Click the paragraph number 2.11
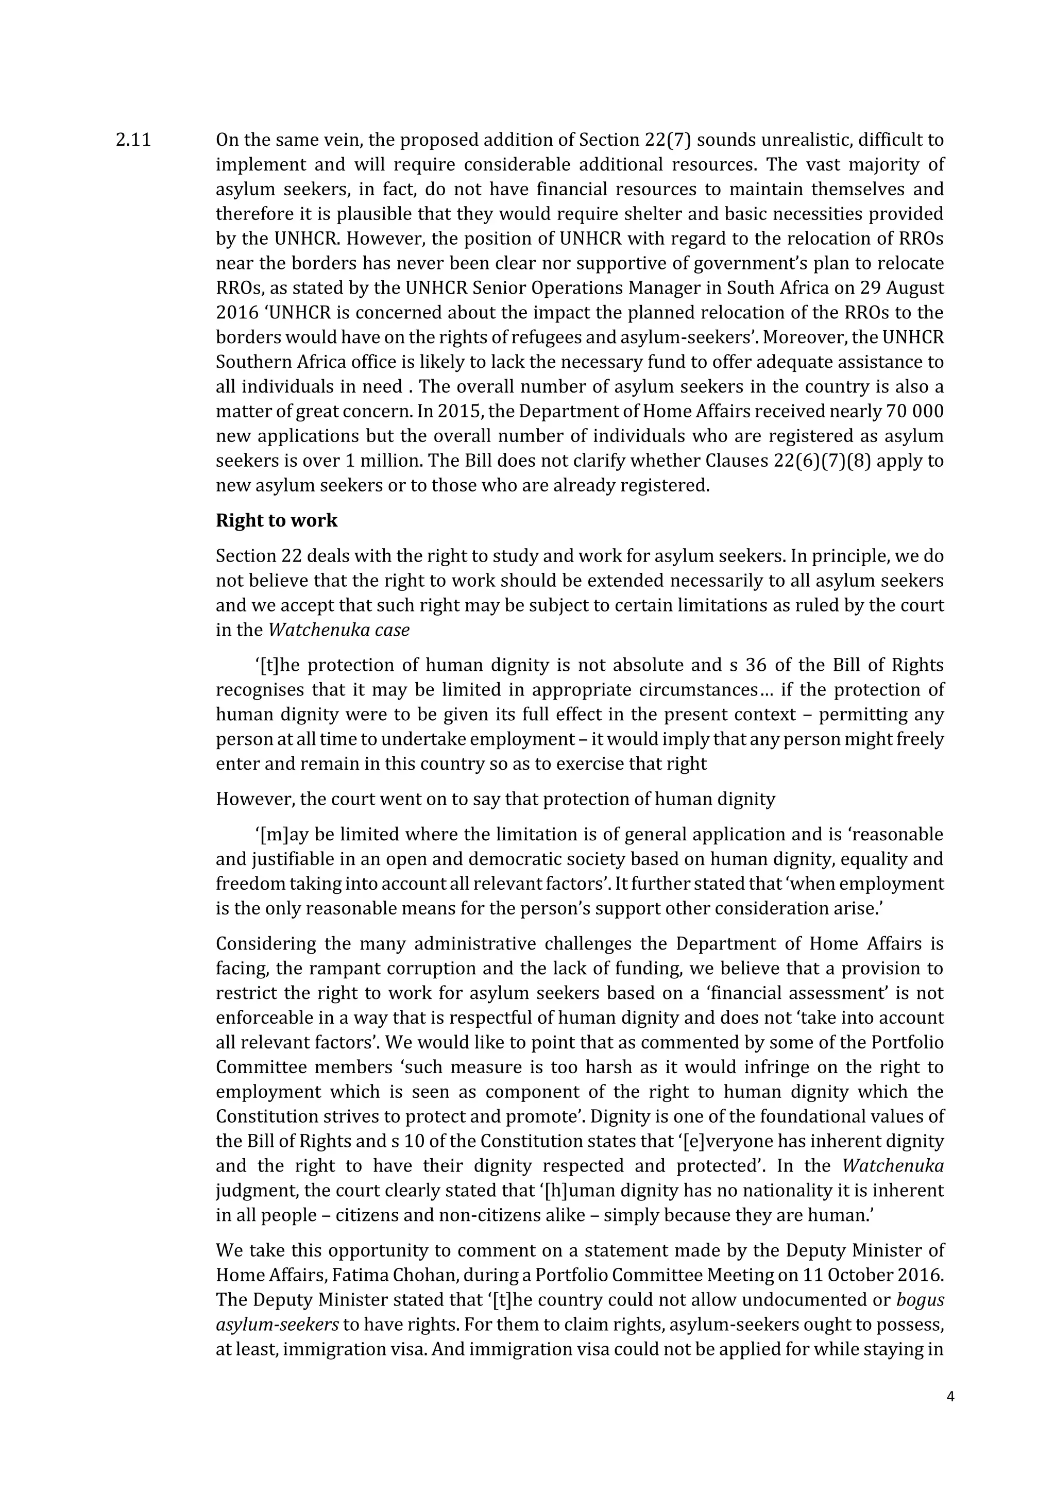tap(133, 140)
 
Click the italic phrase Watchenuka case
tap(338, 630)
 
